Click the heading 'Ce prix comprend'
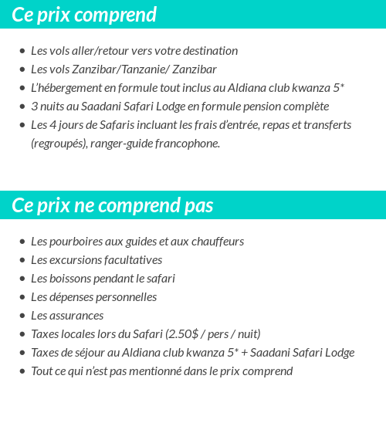pyautogui.click(x=84, y=15)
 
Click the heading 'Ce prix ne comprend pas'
pyautogui.click(x=113, y=205)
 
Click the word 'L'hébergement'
pyautogui.click(x=66, y=88)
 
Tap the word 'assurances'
pyautogui.click(x=77, y=316)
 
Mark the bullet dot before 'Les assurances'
pyautogui.click(x=22, y=316)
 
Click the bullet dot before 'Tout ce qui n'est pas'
pyautogui.click(x=22, y=371)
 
